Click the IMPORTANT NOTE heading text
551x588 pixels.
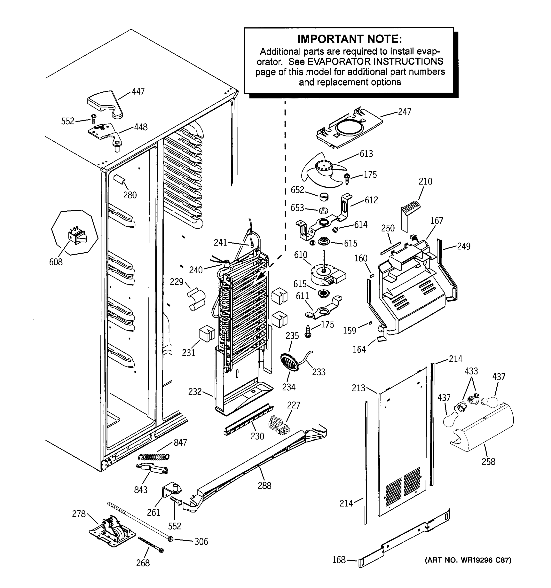click(x=349, y=39)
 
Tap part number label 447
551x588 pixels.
click(x=138, y=91)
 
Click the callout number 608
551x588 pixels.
click(x=56, y=262)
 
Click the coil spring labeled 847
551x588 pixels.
click(x=154, y=457)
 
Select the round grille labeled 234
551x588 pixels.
click(x=289, y=361)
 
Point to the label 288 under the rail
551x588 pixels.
click(x=264, y=485)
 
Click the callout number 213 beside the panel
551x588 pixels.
click(x=359, y=388)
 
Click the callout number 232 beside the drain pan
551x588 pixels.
click(x=195, y=392)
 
